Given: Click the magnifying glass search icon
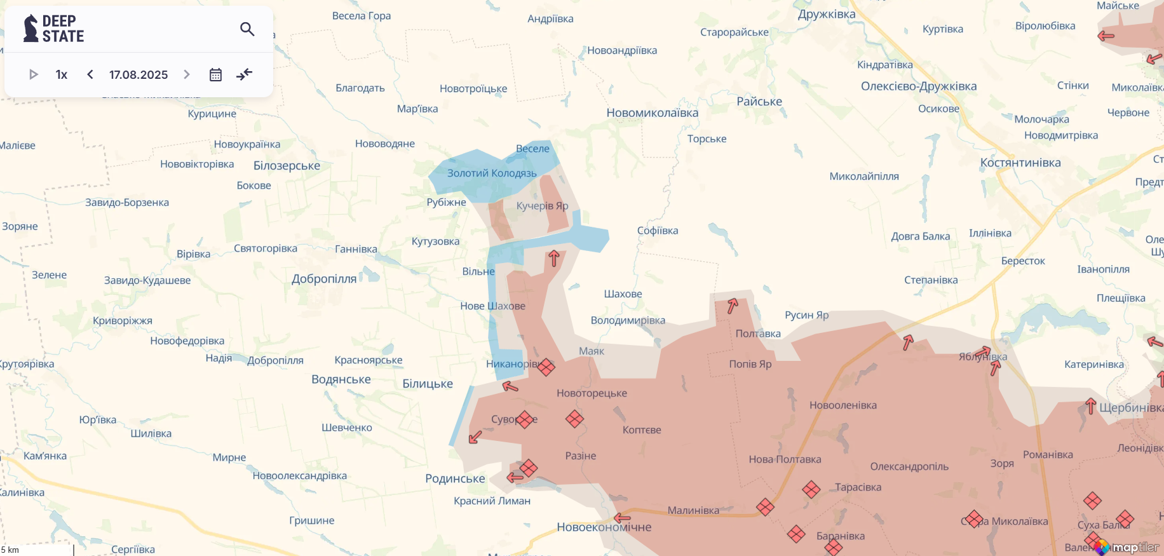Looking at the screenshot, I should tap(247, 29).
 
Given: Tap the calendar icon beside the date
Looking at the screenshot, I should tap(215, 74).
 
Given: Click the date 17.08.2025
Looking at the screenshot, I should tap(139, 74).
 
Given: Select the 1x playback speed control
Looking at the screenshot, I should tap(62, 74).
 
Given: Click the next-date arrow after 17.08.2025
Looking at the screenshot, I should tap(187, 74).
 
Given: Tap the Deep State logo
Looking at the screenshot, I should tap(54, 29).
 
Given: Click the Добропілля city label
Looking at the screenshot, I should tap(324, 279).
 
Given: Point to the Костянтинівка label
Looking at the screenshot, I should tap(1020, 163).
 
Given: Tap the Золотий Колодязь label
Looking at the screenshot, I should tap(492, 173).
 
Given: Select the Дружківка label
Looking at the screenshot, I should tap(827, 14).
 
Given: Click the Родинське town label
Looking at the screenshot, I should tap(455, 478).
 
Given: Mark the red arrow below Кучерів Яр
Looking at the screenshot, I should tap(553, 258).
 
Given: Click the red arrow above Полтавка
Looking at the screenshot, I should tap(733, 306).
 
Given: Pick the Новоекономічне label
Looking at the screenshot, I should tap(604, 527).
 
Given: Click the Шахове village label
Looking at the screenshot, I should tap(623, 294).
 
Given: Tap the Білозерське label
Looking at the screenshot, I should tap(287, 166).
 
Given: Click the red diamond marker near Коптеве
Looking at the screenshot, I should tap(574, 419).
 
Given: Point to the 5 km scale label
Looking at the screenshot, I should tap(10, 550).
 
